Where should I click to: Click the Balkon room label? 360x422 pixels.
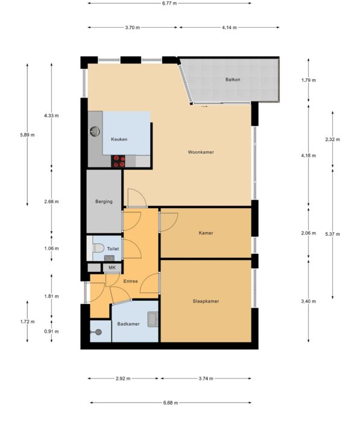[233, 80]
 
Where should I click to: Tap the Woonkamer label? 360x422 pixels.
[201, 152]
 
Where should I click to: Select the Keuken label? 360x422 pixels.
[119, 139]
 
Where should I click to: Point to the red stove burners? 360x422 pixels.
[119, 161]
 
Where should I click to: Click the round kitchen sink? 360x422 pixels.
[95, 131]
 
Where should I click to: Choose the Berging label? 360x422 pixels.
[104, 201]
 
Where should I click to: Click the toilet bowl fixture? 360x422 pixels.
[98, 248]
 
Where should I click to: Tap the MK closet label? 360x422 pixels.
[112, 268]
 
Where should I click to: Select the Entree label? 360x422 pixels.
[131, 282]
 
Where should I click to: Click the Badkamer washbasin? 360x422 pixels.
[153, 320]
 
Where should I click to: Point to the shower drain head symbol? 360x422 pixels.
[99, 332]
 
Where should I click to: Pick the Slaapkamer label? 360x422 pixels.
[206, 301]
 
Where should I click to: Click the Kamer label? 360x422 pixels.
[206, 233]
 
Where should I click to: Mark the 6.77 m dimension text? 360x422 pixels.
[169, 3]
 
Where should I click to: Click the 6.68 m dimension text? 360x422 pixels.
[171, 403]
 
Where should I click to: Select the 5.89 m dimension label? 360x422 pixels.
[27, 135]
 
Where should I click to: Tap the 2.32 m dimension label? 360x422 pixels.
[332, 139]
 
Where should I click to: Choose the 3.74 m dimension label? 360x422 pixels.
[206, 379]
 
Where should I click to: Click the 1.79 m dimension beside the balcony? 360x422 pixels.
[309, 80]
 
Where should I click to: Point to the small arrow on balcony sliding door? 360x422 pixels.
[204, 107]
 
